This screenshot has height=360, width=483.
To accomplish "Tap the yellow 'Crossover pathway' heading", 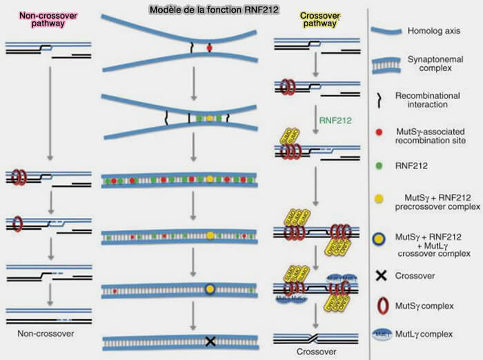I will click(319, 18).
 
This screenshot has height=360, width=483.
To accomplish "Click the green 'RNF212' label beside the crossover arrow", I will click(334, 119).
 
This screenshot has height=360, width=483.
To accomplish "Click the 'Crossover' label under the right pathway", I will click(316, 351).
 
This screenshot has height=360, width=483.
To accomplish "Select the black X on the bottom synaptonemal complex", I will click(210, 341).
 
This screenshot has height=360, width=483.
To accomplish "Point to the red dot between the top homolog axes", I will click(209, 48).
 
